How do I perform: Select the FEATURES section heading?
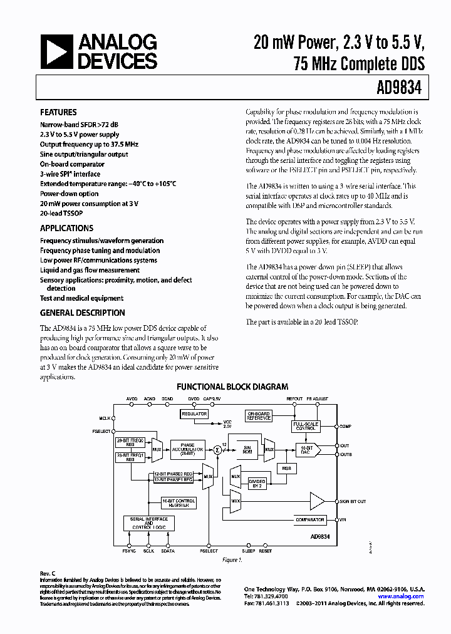point(59,113)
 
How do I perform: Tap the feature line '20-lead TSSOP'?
point(61,214)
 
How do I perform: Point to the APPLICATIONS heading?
point(66,229)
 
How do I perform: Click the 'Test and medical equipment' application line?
point(81,298)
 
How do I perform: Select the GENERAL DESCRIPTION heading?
point(82,313)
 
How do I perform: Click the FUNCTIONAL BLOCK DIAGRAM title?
point(232,387)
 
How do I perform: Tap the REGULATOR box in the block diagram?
point(194,414)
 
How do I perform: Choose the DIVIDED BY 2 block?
point(257,483)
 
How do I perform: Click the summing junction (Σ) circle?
point(217,449)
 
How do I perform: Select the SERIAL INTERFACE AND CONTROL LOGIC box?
point(148,524)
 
